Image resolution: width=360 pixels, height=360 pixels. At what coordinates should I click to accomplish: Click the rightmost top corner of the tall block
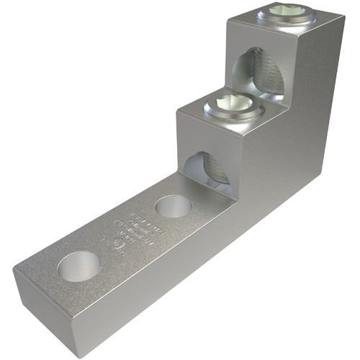(338, 21)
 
